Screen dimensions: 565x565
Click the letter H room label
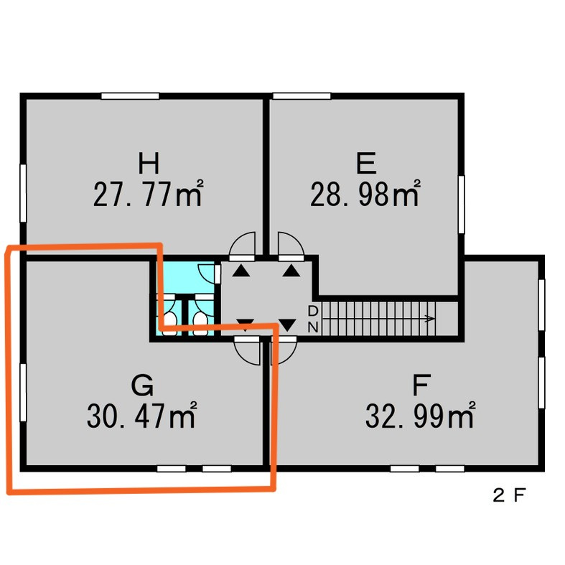pos(149,163)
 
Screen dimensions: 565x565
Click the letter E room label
pos(366,163)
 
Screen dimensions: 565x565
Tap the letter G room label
pos(142,385)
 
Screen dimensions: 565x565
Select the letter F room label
pos(421,385)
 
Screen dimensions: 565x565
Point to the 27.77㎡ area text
pos(148,194)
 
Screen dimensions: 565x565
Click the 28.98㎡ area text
pos(365,194)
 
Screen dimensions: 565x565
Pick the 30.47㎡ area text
pos(141,416)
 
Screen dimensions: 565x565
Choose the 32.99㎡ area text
pos(421,416)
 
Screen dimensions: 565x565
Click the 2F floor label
pos(509,495)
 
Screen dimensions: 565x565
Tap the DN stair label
pos(313,319)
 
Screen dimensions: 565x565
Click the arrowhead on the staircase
pos(429,319)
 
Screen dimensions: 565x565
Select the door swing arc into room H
pos(242,243)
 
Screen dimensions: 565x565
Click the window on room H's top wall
pos(130,96)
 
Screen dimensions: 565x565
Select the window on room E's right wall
pos(461,205)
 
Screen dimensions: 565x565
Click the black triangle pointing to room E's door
pos(291,271)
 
